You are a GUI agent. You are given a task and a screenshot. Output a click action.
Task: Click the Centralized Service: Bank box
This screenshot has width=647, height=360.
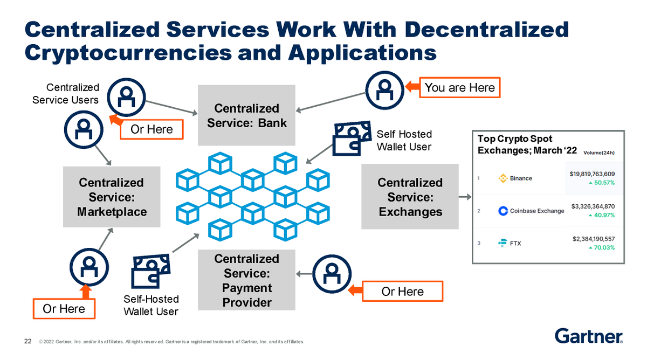pyautogui.click(x=246, y=115)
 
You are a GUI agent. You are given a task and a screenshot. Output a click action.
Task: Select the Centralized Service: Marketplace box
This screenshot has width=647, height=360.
pyautogui.click(x=112, y=197)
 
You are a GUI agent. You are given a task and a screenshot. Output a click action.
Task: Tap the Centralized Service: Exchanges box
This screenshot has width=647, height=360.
pyautogui.click(x=410, y=197)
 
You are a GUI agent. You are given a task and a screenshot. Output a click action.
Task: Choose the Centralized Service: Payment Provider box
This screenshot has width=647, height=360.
pyautogui.click(x=246, y=280)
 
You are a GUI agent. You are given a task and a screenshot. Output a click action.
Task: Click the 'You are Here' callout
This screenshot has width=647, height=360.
pyautogui.click(x=460, y=87)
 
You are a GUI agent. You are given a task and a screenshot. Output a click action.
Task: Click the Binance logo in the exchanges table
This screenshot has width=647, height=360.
pyautogui.click(x=503, y=178)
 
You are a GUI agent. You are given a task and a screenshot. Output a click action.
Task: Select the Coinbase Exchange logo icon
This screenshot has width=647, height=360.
pyautogui.click(x=503, y=211)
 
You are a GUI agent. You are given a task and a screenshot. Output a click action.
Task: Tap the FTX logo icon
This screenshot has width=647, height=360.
pyautogui.click(x=502, y=243)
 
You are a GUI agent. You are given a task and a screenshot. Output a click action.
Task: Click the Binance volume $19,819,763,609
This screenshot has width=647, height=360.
pyautogui.click(x=593, y=174)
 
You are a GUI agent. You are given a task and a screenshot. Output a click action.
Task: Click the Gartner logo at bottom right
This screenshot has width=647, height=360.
pyautogui.click(x=589, y=335)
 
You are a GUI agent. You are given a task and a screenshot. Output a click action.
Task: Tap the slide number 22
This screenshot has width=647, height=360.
pyautogui.click(x=27, y=341)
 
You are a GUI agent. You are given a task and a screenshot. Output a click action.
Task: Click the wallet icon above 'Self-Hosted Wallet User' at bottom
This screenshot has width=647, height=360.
pyautogui.click(x=150, y=272)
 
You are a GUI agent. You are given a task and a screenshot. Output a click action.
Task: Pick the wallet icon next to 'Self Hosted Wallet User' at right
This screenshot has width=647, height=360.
pyautogui.click(x=352, y=136)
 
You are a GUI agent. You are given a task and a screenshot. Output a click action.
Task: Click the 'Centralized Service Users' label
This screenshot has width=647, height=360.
pyautogui.click(x=66, y=93)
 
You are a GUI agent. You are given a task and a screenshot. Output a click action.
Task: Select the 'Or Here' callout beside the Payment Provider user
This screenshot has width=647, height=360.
pyautogui.click(x=403, y=292)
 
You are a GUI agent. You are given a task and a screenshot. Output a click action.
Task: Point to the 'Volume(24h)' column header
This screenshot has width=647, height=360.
pyautogui.click(x=599, y=153)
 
